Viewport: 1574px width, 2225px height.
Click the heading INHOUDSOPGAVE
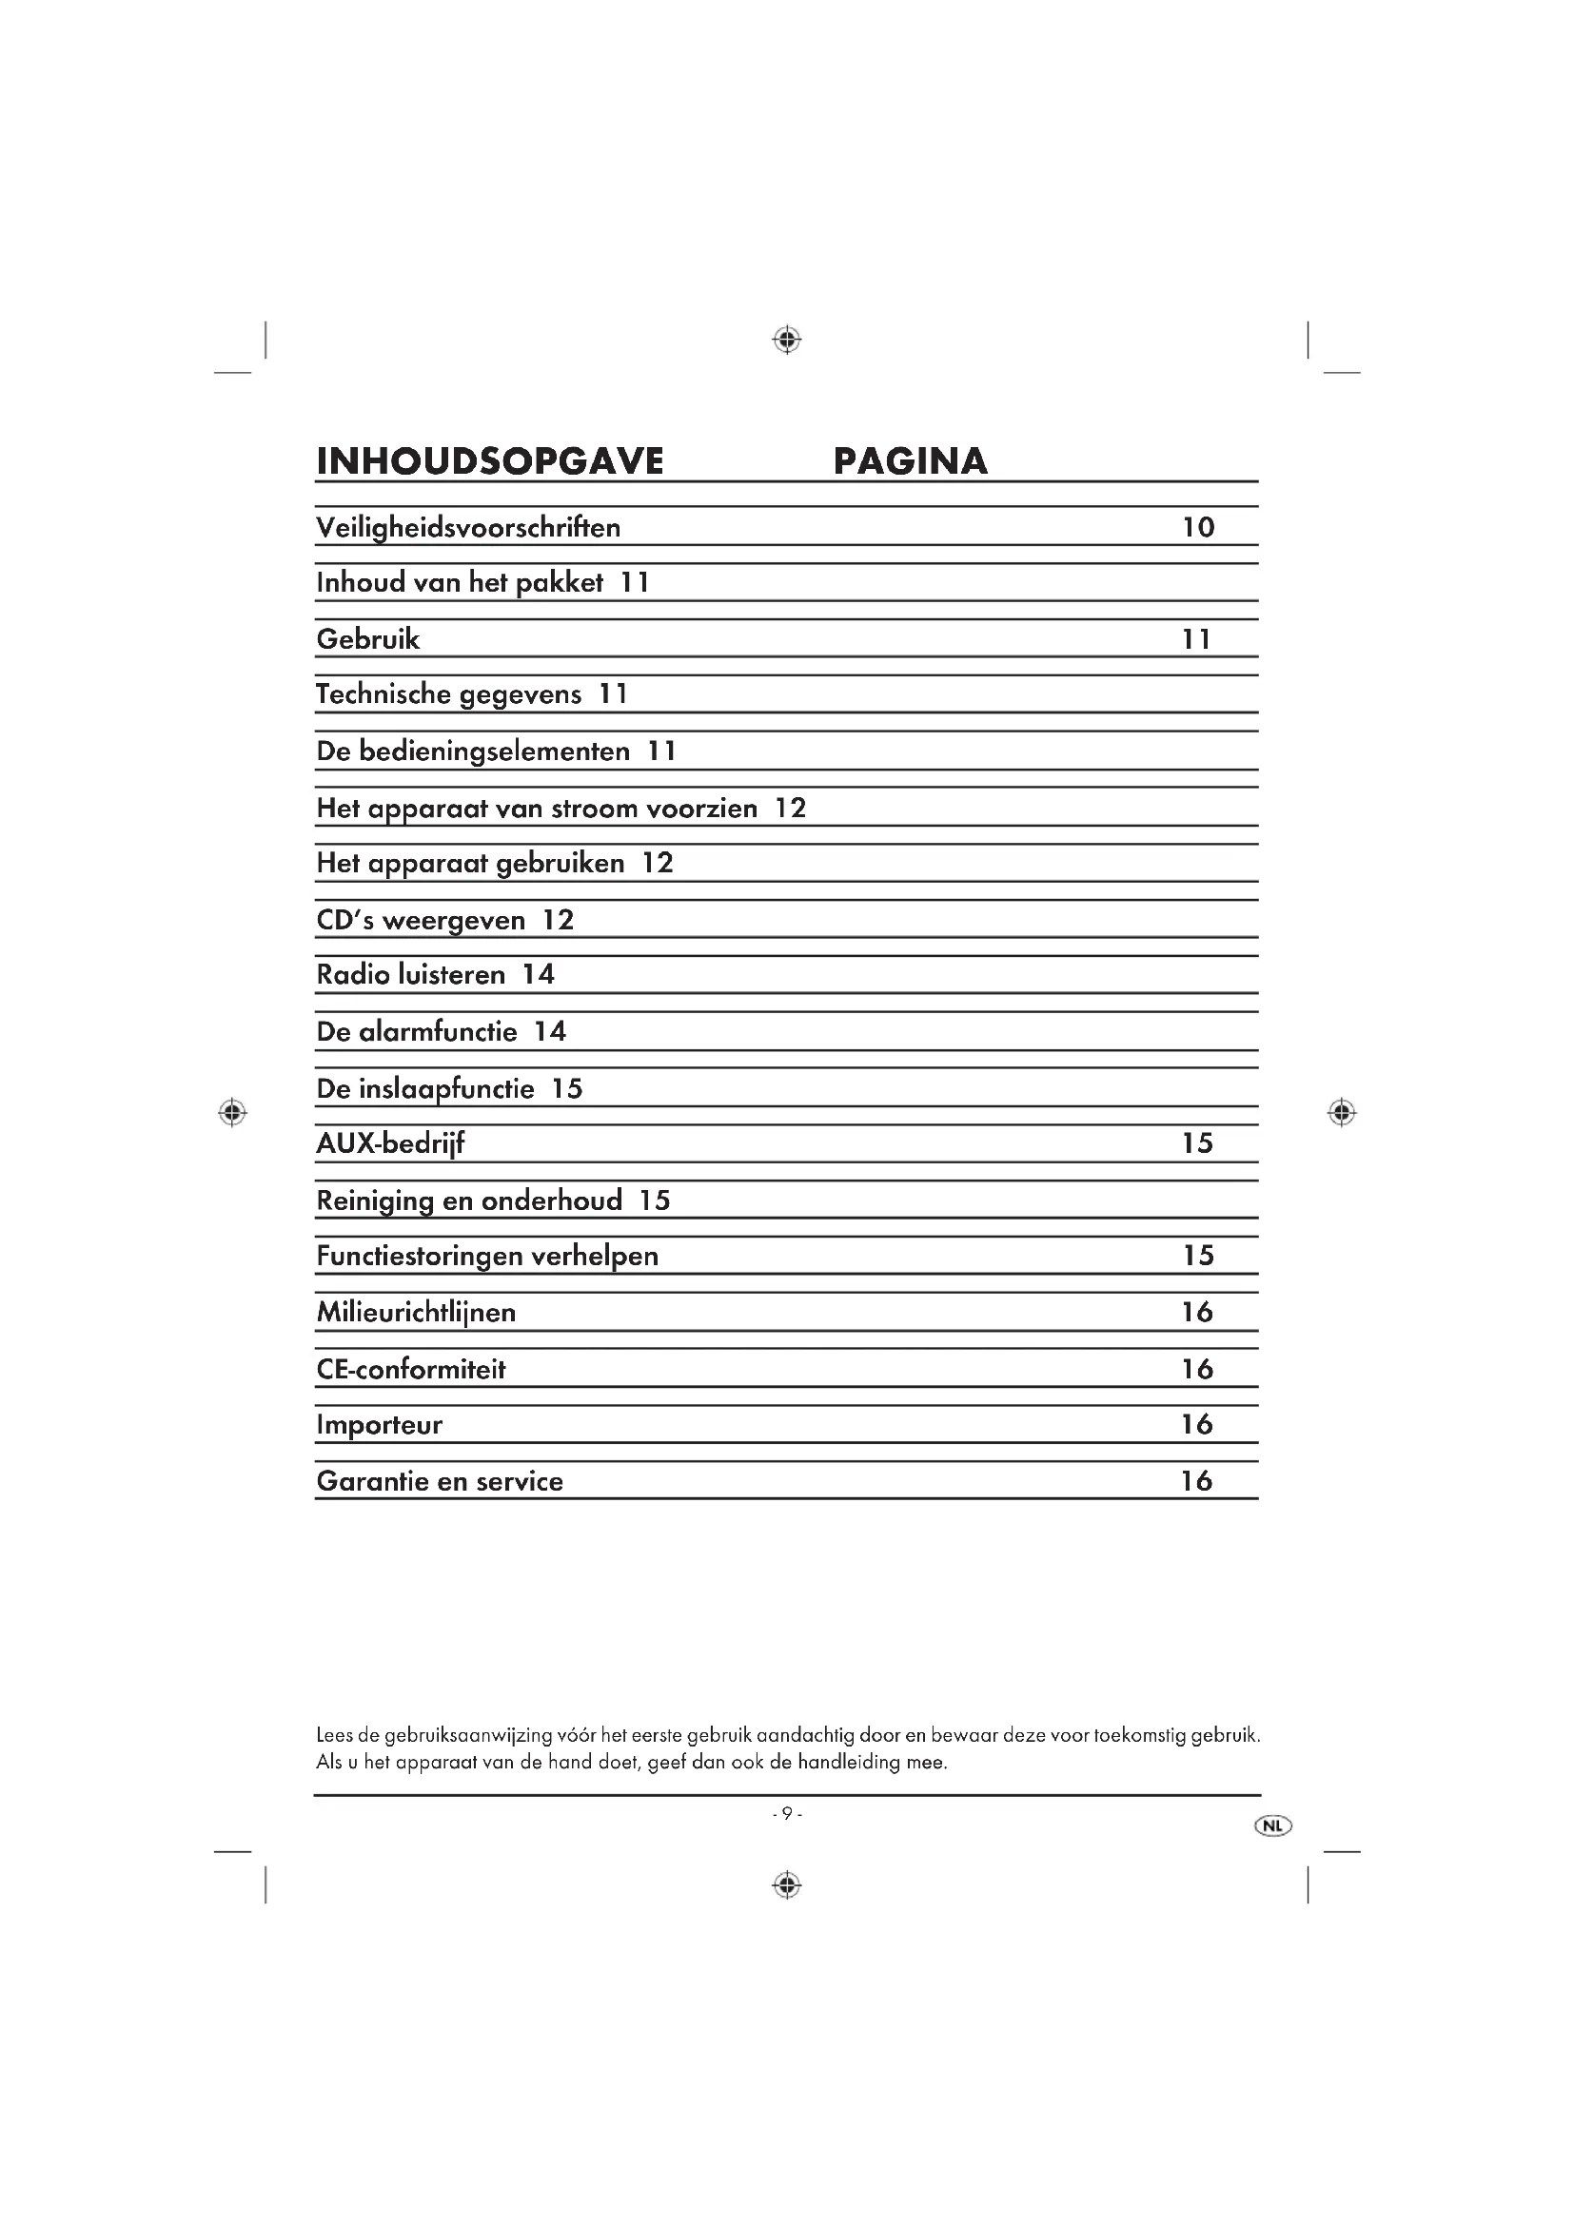(x=489, y=461)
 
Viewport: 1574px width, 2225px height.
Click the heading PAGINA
(x=909, y=461)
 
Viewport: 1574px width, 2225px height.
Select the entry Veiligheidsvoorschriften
(x=468, y=528)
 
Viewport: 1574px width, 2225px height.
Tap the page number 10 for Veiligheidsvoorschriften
(x=1198, y=527)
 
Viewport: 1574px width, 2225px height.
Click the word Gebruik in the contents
(x=368, y=639)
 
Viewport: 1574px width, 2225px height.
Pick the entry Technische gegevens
(x=449, y=694)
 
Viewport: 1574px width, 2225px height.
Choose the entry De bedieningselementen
(x=473, y=751)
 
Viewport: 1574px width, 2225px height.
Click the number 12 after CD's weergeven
(x=559, y=920)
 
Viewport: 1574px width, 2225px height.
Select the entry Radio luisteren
(x=411, y=975)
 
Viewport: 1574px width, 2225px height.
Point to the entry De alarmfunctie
(x=417, y=1031)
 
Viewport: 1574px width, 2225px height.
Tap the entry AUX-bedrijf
(x=390, y=1144)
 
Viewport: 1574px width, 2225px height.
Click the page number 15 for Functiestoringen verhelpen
(x=1198, y=1256)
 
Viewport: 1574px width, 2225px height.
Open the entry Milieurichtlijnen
(x=416, y=1313)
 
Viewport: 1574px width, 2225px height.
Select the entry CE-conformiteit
(x=411, y=1369)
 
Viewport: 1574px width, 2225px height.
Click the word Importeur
(x=379, y=1425)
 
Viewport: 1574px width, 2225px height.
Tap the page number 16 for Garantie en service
(x=1197, y=1481)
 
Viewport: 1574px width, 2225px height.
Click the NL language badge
(x=1272, y=1826)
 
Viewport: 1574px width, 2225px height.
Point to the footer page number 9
(x=787, y=1814)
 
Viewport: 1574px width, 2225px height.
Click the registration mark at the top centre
(x=787, y=340)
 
